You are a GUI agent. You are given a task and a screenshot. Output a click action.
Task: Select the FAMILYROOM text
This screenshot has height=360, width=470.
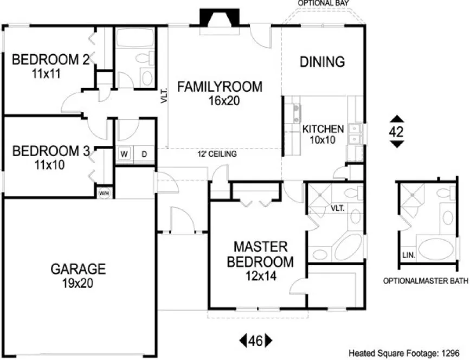pyautogui.click(x=220, y=87)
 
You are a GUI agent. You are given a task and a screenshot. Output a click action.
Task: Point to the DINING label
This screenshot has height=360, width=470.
pyautogui.click(x=322, y=62)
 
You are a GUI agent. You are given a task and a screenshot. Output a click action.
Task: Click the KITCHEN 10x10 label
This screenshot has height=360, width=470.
pyautogui.click(x=323, y=134)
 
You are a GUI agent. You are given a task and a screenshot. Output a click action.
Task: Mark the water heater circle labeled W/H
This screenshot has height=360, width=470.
pyautogui.click(x=104, y=192)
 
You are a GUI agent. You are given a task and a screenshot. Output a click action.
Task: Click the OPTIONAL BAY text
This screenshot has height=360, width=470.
pyautogui.click(x=323, y=3)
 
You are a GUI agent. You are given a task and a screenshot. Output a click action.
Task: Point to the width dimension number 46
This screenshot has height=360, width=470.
pyautogui.click(x=256, y=341)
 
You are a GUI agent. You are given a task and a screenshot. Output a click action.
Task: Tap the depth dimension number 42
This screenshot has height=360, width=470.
pyautogui.click(x=397, y=131)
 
